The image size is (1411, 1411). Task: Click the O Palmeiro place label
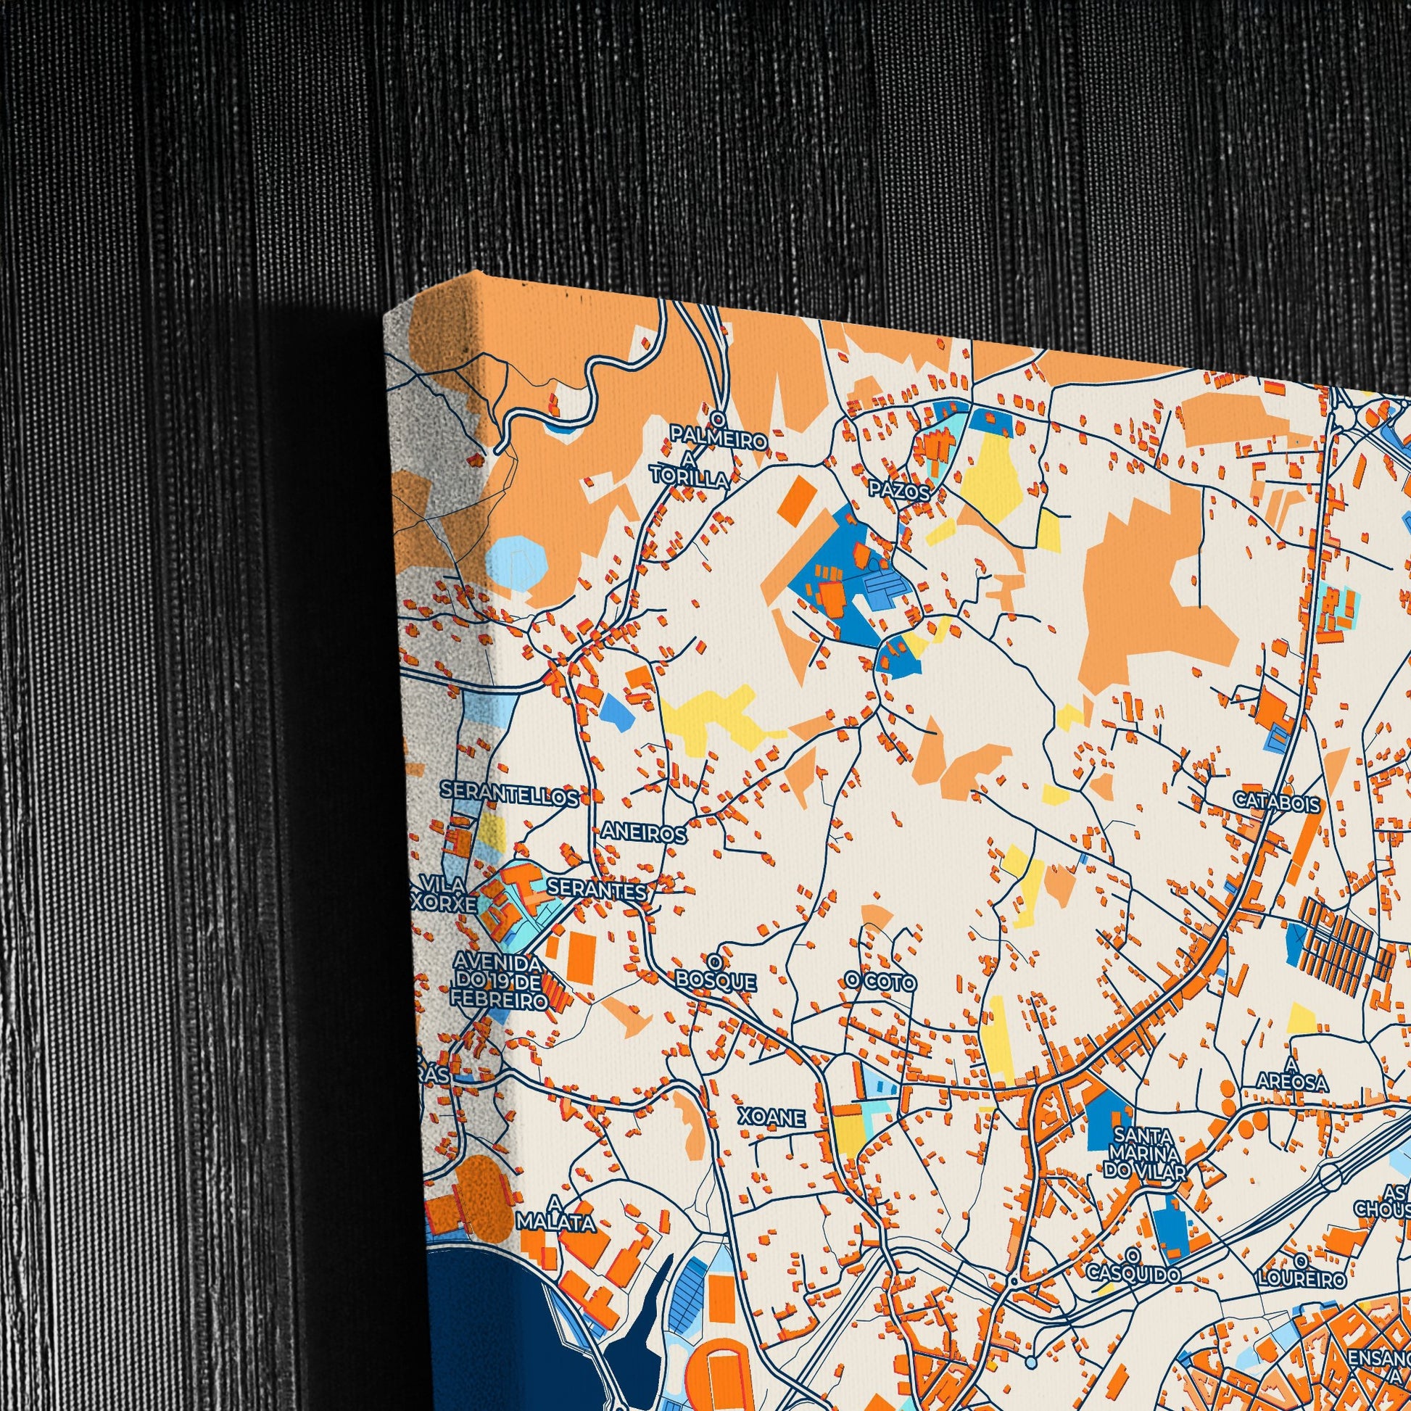[x=719, y=432]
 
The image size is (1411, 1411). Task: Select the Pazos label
[x=899, y=492]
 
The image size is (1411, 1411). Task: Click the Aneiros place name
[x=643, y=833]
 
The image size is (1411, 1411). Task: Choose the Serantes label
[x=596, y=890]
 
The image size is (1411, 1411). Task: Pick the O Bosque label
[x=716, y=972]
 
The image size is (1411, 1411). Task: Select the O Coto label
[x=880, y=982]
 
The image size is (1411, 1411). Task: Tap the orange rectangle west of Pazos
[x=798, y=499]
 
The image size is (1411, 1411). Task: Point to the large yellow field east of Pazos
[x=993, y=479]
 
